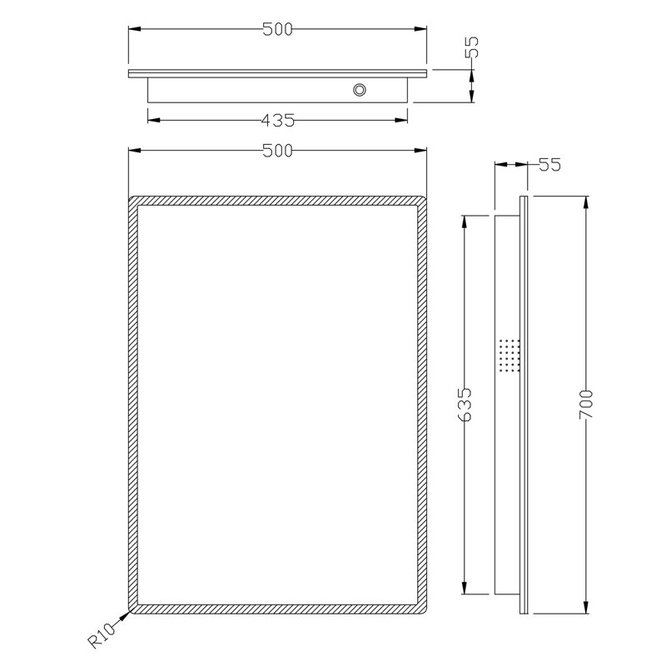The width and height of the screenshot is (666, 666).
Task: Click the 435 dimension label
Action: (278, 121)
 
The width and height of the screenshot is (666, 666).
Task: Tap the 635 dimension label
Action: (465, 405)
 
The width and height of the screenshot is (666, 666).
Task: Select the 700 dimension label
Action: (586, 404)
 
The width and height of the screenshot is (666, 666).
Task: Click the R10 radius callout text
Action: (102, 635)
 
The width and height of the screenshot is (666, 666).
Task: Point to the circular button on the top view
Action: (360, 90)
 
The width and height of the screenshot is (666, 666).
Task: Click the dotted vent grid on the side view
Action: (509, 355)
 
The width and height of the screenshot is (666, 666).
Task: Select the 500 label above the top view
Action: (277, 29)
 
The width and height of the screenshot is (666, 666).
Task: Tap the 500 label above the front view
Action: (277, 151)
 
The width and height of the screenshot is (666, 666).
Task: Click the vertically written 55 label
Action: (471, 47)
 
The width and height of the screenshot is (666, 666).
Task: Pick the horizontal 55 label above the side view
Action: (549, 165)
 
